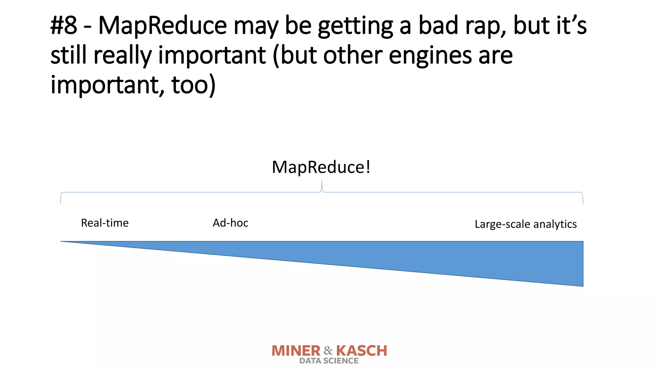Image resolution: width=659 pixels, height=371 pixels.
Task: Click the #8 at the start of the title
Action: [x=64, y=26]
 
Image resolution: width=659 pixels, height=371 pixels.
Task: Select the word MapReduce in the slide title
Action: [x=162, y=26]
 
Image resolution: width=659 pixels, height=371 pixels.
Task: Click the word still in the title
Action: [x=68, y=55]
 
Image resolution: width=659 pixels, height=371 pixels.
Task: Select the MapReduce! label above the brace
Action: [x=321, y=167]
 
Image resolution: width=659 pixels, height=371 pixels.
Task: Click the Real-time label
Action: [x=105, y=223]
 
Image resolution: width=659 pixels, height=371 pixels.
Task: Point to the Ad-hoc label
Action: [x=230, y=223]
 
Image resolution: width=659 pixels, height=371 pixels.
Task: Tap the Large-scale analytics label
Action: [x=525, y=224]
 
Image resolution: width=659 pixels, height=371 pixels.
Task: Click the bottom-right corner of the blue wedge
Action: [x=582, y=286]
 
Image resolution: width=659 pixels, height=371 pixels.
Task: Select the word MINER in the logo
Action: [x=296, y=351]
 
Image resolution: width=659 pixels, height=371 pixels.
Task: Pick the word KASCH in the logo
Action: [x=362, y=351]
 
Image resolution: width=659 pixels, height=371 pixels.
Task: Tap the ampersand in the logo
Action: [x=328, y=350]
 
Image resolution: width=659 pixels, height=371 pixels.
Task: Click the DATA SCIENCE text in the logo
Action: [x=329, y=361]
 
